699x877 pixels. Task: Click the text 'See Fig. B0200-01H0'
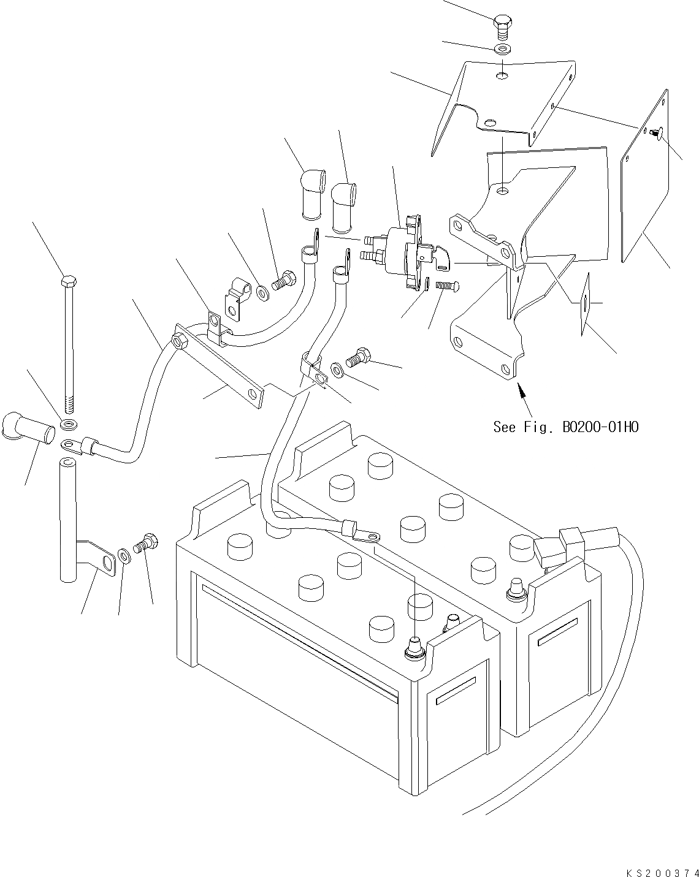click(x=565, y=427)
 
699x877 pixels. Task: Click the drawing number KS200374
click(x=662, y=872)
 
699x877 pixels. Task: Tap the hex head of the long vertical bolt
click(x=68, y=282)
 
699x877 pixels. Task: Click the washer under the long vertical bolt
click(x=69, y=423)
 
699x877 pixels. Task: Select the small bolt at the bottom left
click(x=146, y=543)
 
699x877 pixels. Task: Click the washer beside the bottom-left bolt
click(x=124, y=556)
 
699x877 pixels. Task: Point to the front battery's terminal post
click(x=415, y=650)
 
